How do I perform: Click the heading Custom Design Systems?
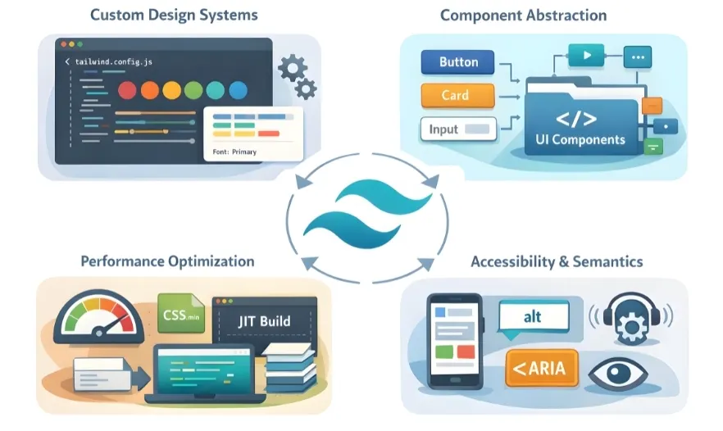tap(174, 15)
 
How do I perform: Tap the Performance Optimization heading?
tap(167, 261)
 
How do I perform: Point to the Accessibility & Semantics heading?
tap(557, 261)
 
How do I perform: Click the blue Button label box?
tap(458, 62)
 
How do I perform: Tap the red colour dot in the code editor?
tap(127, 89)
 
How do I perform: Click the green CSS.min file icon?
tap(180, 312)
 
